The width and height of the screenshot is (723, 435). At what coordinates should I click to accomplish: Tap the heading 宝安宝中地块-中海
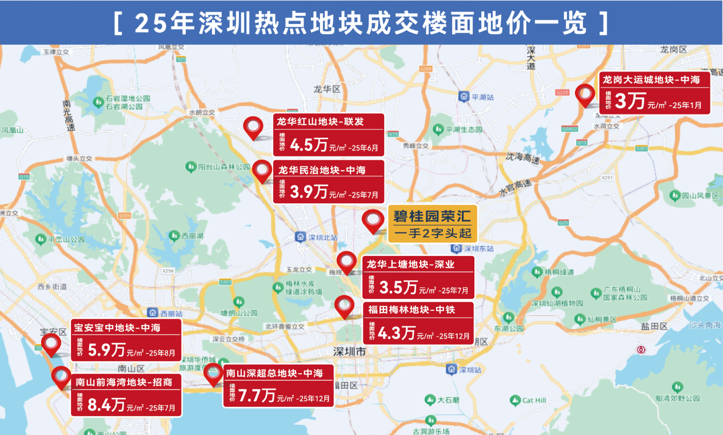117,328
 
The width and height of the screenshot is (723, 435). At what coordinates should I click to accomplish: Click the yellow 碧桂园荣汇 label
432,217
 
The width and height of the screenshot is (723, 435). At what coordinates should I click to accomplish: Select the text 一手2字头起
432,234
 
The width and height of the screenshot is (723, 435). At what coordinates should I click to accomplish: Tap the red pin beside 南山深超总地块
213,373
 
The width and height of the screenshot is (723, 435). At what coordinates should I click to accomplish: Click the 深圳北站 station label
322,237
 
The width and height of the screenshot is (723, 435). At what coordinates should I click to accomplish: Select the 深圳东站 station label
478,248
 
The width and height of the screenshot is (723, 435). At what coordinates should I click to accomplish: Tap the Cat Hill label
534,400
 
